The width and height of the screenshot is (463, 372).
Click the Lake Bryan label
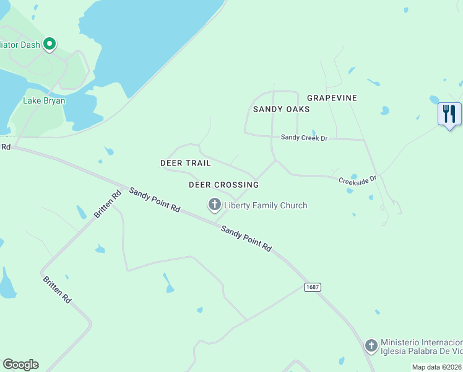pyautogui.click(x=44, y=100)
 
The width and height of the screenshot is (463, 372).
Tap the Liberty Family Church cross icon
pyautogui.click(x=215, y=205)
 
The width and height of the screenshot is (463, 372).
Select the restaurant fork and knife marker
pyautogui.click(x=449, y=114)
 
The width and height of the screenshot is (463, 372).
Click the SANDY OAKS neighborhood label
pyautogui.click(x=281, y=109)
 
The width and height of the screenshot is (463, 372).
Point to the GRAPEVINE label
pyautogui.click(x=332, y=98)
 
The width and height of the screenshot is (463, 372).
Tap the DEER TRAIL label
pyautogui.click(x=186, y=163)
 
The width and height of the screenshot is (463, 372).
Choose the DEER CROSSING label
pyautogui.click(x=223, y=185)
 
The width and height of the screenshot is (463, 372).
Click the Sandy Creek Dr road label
pyautogui.click(x=303, y=138)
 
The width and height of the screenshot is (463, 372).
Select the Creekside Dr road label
pyautogui.click(x=357, y=180)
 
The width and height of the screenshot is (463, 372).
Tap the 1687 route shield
pyautogui.click(x=312, y=288)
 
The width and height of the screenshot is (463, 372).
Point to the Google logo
pyautogui.click(x=20, y=365)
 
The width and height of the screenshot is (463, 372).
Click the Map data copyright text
pyautogui.click(x=437, y=367)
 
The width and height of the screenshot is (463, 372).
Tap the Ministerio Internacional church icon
pyautogui.click(x=371, y=345)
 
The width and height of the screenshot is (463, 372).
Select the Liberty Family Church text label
pyautogui.click(x=266, y=205)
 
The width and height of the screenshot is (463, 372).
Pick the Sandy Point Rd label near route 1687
pyautogui.click(x=246, y=238)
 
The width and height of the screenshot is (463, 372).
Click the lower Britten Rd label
pyautogui.click(x=57, y=289)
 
